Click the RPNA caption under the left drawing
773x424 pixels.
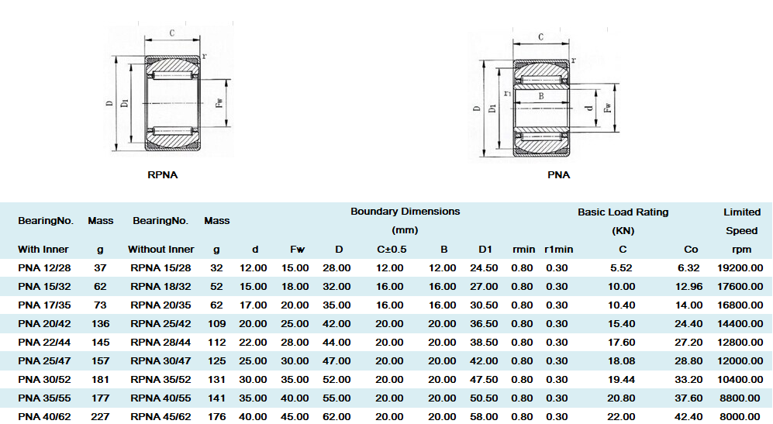[162, 175]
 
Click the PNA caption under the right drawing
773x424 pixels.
[558, 175]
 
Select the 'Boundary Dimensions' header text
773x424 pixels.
[405, 212]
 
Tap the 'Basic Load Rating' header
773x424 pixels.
[623, 212]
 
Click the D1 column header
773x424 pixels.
[485, 250]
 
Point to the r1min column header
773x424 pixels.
[558, 250]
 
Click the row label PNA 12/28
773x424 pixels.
[44, 268]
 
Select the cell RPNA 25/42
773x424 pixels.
[160, 324]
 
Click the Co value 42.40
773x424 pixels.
[688, 417]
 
